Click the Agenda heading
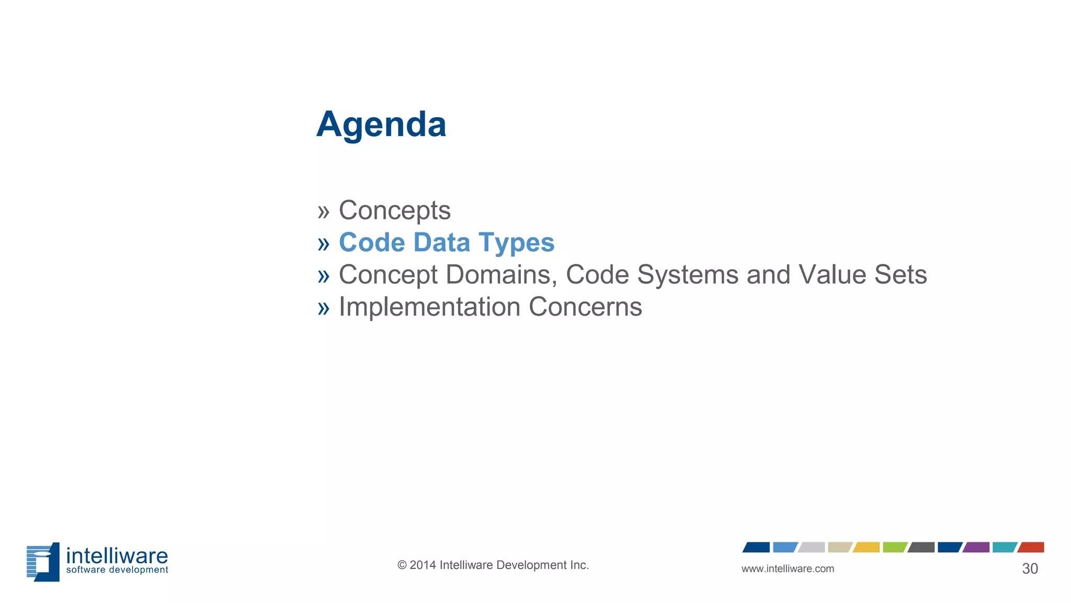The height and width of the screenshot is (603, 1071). click(381, 125)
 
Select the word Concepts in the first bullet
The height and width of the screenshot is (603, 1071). click(394, 210)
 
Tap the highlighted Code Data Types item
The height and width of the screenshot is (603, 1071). click(446, 243)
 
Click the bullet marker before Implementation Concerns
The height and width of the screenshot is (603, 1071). click(323, 308)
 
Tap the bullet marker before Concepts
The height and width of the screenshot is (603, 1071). click(323, 212)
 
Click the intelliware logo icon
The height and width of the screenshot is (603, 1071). click(43, 562)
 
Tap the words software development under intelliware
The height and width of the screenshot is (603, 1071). click(117, 570)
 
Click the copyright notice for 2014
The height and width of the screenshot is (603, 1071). click(493, 565)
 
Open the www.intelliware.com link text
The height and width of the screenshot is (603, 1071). click(788, 569)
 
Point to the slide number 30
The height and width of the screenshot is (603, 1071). click(1030, 569)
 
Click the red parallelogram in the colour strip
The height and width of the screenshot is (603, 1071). click(1031, 548)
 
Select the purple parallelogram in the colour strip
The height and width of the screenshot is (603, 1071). click(976, 548)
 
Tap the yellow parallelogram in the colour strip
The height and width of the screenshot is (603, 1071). click(866, 548)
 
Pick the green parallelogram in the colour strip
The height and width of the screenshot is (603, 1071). click(894, 548)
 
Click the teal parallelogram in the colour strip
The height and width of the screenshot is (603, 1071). click(1004, 548)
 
